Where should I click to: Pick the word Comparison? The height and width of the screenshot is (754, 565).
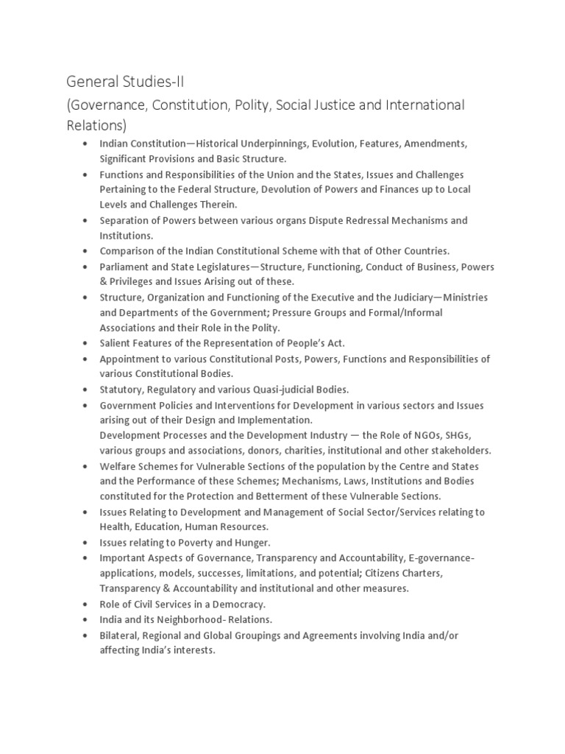(x=128, y=251)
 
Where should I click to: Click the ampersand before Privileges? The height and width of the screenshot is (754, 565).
(x=104, y=282)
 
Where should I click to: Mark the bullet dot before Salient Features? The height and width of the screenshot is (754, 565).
(x=86, y=344)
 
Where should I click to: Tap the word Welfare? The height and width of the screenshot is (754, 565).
(x=118, y=466)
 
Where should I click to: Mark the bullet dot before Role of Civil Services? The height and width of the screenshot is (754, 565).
(x=86, y=604)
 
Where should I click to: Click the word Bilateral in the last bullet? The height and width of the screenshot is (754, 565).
(x=120, y=635)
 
